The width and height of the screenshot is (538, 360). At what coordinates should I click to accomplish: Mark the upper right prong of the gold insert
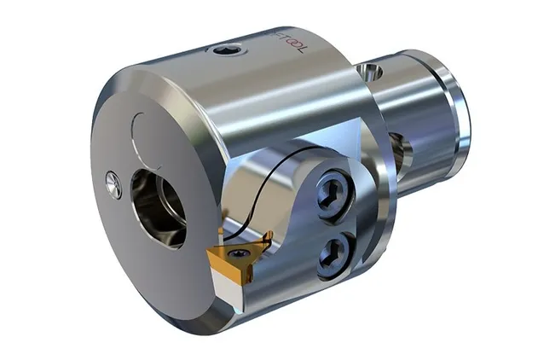(x=265, y=242)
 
